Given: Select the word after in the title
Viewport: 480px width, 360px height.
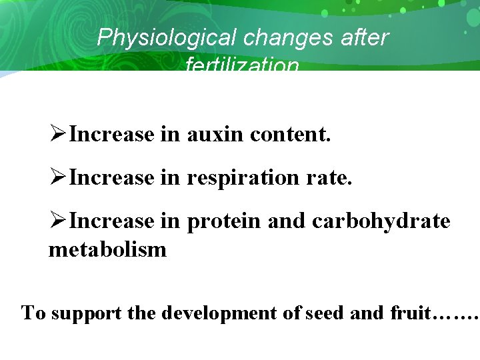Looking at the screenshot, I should [364, 37].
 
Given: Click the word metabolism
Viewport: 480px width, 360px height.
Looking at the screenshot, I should [107, 250].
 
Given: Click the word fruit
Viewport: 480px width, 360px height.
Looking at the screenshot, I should [411, 312].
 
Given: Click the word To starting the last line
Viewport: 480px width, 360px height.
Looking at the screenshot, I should [33, 312].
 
